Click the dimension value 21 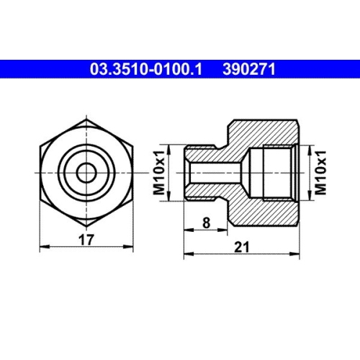click(241, 247)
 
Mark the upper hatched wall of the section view click(263, 133)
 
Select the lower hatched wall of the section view click(263, 212)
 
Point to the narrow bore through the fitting click(216, 173)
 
